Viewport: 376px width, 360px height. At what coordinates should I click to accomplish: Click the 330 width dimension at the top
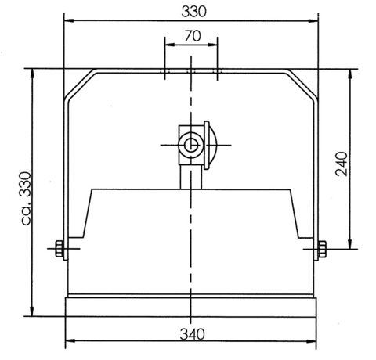193,12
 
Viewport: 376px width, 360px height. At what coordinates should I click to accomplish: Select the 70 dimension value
193,36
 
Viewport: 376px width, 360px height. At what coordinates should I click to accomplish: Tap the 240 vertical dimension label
342,164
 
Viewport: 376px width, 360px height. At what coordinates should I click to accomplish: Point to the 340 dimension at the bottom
192,334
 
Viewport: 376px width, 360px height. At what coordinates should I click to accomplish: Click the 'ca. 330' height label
26,198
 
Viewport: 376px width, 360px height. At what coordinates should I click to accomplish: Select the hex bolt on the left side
60,249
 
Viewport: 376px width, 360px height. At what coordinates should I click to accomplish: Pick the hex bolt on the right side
322,249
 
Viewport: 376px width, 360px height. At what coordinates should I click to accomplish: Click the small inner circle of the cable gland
191,145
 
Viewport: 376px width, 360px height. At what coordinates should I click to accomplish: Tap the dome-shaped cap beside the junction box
211,145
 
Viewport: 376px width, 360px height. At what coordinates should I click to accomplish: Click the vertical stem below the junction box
191,177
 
